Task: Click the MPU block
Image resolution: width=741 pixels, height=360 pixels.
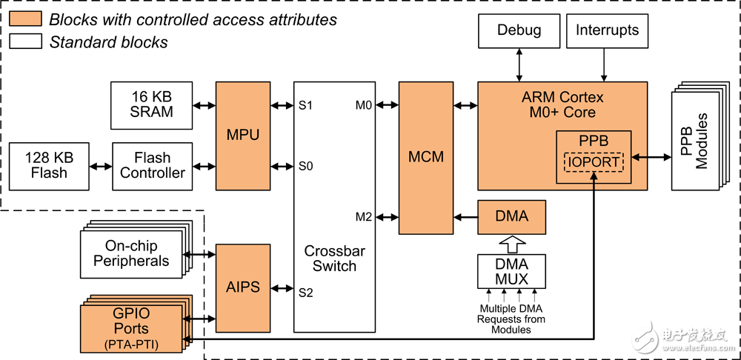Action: pos(242,136)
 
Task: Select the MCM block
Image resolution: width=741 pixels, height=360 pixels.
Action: pos(426,157)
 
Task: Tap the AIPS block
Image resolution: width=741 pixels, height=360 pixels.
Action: pos(242,287)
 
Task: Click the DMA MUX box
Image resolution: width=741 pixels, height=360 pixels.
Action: pos(512,272)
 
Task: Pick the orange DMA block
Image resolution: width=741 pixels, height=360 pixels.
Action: pos(512,216)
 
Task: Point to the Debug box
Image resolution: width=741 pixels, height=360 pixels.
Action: pos(519,31)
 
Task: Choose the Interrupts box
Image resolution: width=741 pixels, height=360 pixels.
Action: pos(607,31)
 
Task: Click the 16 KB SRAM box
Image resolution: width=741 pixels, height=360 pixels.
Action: pos(152,104)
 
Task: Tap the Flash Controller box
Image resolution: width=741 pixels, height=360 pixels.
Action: pos(152,166)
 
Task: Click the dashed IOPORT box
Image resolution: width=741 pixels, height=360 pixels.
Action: pos(593,160)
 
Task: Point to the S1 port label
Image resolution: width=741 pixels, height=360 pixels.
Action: pos(305,105)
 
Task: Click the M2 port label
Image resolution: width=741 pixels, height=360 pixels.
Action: pos(363,216)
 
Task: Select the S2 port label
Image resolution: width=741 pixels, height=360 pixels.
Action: pos(305,292)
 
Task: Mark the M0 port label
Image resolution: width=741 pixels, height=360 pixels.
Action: pos(363,105)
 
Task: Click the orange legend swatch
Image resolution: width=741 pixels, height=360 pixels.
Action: pos(27,20)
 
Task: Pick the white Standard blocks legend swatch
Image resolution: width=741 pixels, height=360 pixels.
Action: pos(27,41)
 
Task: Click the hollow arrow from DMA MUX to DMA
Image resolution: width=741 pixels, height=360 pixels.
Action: pos(512,242)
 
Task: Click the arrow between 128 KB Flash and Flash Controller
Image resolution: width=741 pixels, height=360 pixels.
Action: pos(100,166)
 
